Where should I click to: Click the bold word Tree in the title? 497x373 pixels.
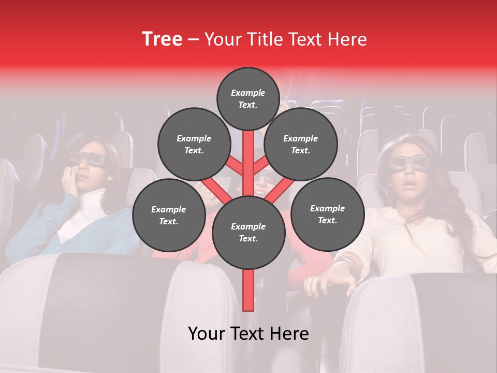click(x=162, y=39)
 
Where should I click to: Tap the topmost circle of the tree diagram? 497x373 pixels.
click(x=248, y=98)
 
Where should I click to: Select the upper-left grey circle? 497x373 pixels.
click(x=194, y=144)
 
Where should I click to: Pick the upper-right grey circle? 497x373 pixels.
click(x=301, y=144)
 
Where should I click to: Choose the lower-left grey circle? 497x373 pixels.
click(x=169, y=215)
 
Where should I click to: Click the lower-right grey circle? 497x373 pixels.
click(x=327, y=214)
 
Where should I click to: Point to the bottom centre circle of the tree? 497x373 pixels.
click(x=248, y=232)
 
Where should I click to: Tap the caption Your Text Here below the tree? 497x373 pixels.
click(x=248, y=334)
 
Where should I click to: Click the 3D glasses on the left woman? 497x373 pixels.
click(x=88, y=159)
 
